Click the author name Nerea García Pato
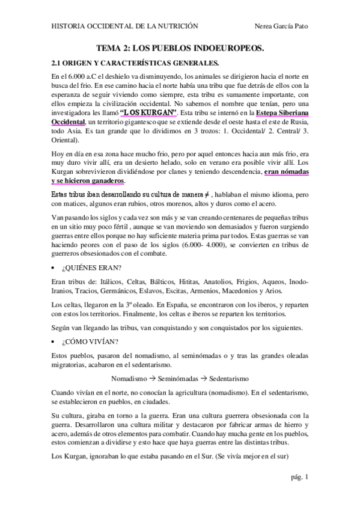tap(282, 26)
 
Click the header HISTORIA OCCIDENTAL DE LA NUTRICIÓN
tap(125, 26)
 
